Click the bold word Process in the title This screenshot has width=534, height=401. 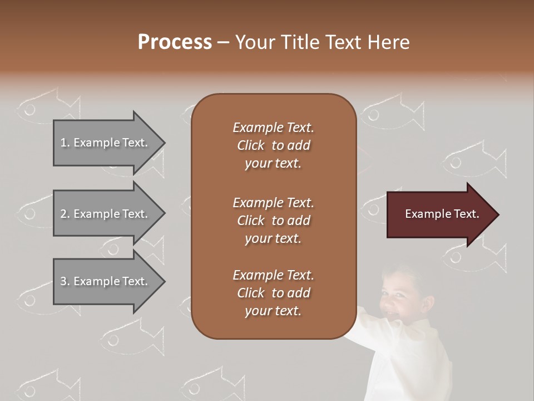click(175, 42)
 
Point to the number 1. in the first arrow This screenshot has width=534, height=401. click(65, 143)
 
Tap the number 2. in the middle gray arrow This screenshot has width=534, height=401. click(65, 214)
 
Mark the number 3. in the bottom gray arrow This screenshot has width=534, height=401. click(65, 281)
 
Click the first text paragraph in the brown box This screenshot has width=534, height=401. click(273, 145)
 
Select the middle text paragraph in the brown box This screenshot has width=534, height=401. click(273, 221)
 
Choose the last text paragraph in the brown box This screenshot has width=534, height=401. click(273, 293)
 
